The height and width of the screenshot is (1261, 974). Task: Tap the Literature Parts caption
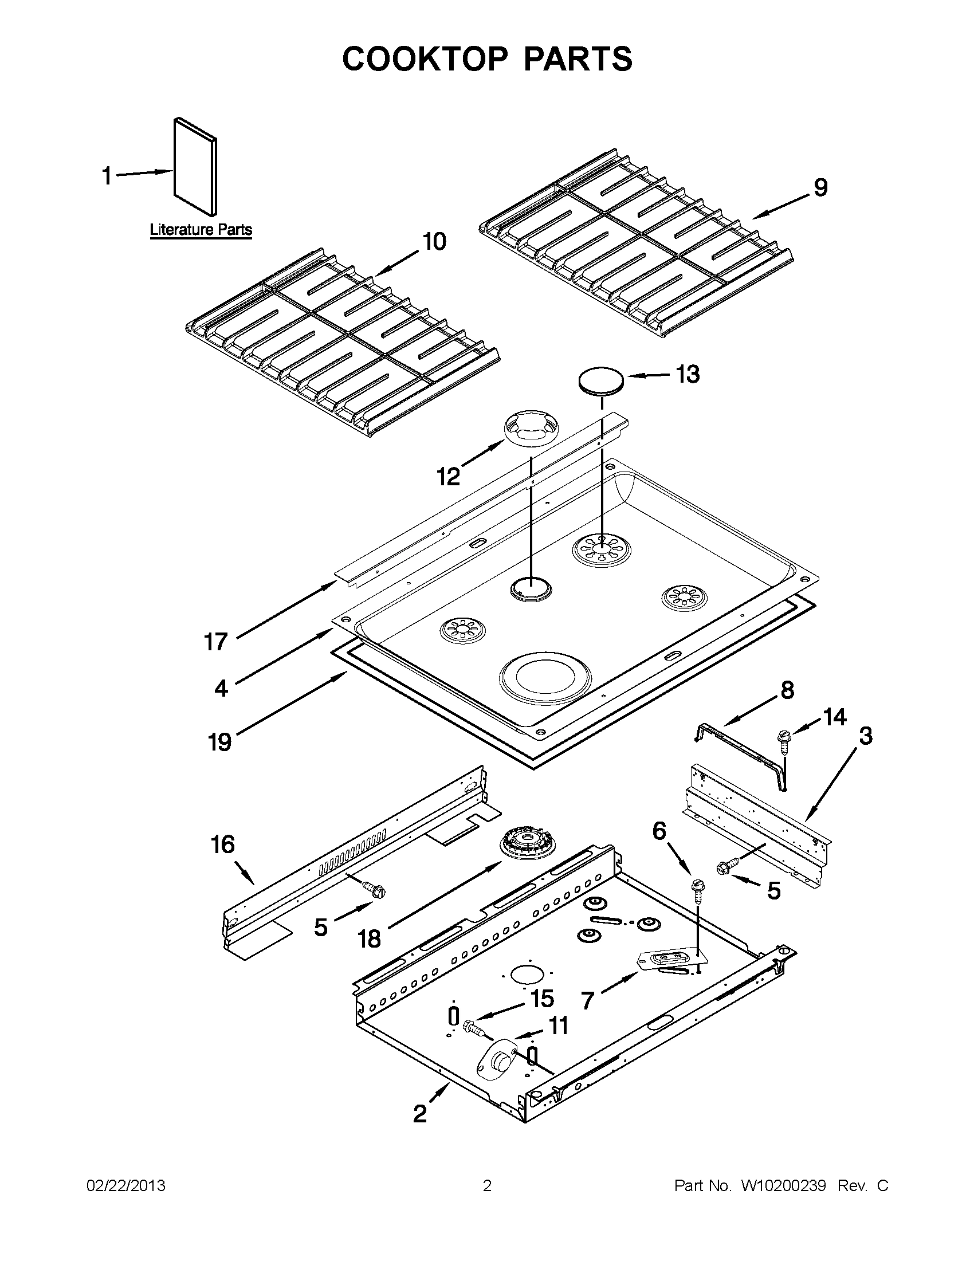click(x=201, y=230)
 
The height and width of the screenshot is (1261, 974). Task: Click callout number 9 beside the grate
click(x=820, y=188)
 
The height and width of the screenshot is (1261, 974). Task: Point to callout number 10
click(x=434, y=242)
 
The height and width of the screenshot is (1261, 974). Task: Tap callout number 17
click(x=216, y=642)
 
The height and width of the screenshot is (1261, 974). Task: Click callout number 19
click(x=219, y=741)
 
